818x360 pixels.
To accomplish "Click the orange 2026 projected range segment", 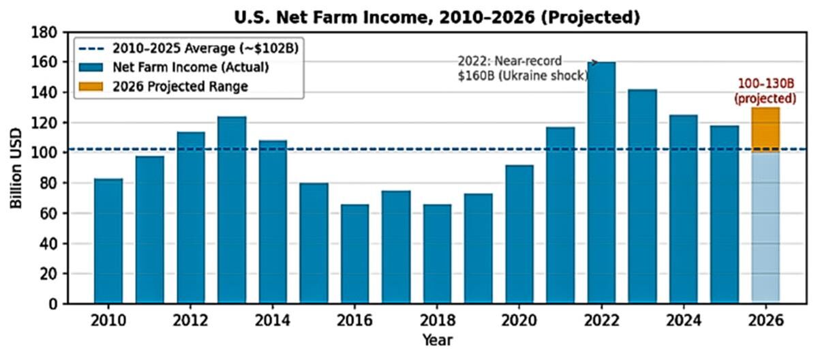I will point(765,130).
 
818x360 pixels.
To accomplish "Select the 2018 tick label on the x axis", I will point(436,320).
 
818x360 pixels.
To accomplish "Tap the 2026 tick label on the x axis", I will point(765,320).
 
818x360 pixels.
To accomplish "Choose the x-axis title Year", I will point(436,340).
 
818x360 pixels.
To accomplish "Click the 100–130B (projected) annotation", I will point(765,91).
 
